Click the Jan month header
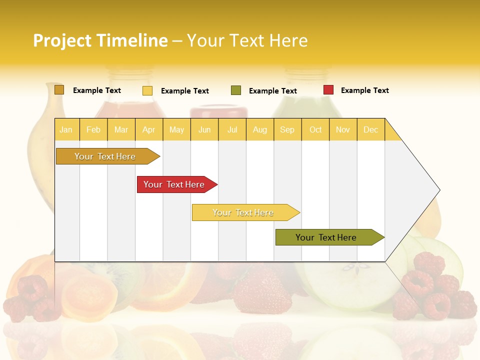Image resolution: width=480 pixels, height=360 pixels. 66,129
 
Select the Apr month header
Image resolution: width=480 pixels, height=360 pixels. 148,129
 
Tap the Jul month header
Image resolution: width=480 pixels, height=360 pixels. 232,129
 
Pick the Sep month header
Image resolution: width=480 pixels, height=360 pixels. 287,129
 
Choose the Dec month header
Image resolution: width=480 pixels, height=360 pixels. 370,129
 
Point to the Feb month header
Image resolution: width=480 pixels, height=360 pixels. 93,129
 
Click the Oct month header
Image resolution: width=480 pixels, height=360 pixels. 315,129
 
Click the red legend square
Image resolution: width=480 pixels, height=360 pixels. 328,90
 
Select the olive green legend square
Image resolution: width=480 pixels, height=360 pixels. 236,90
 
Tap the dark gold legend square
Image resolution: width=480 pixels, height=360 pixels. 59,90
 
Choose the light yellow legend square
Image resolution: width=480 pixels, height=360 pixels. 147,90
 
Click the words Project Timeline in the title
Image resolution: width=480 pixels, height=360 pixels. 100,40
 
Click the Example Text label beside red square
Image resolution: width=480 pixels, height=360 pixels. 364,90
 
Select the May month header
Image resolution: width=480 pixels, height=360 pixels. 176,129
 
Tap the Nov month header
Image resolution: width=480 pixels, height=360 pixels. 342,129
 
